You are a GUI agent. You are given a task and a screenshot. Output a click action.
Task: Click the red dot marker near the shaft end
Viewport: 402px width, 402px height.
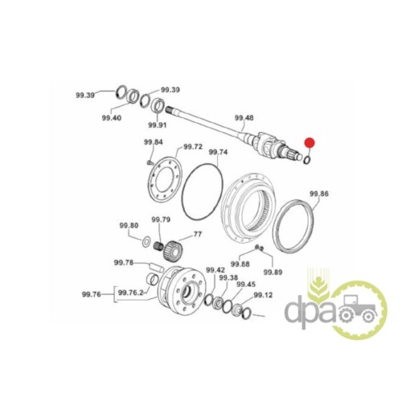pyautogui.click(x=310, y=143)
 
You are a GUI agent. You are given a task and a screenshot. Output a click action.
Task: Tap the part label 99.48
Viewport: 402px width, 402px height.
pyautogui.click(x=244, y=117)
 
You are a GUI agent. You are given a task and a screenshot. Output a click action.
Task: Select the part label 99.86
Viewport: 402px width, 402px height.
pyautogui.click(x=319, y=194)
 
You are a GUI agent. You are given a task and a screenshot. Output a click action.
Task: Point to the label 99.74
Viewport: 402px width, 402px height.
pyautogui.click(x=218, y=152)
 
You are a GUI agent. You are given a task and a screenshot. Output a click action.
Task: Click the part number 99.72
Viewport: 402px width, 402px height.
pyautogui.click(x=193, y=147)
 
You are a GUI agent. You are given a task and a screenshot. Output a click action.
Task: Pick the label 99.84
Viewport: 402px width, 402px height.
pyautogui.click(x=154, y=142)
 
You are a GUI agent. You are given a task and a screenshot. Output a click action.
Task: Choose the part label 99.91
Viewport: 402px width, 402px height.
pyautogui.click(x=158, y=125)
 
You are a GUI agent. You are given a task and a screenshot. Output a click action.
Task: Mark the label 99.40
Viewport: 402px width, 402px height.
pyautogui.click(x=112, y=117)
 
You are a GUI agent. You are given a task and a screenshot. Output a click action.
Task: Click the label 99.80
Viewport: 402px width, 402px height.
pyautogui.click(x=129, y=226)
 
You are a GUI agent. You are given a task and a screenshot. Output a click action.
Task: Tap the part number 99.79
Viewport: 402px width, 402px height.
pyautogui.click(x=161, y=219)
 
